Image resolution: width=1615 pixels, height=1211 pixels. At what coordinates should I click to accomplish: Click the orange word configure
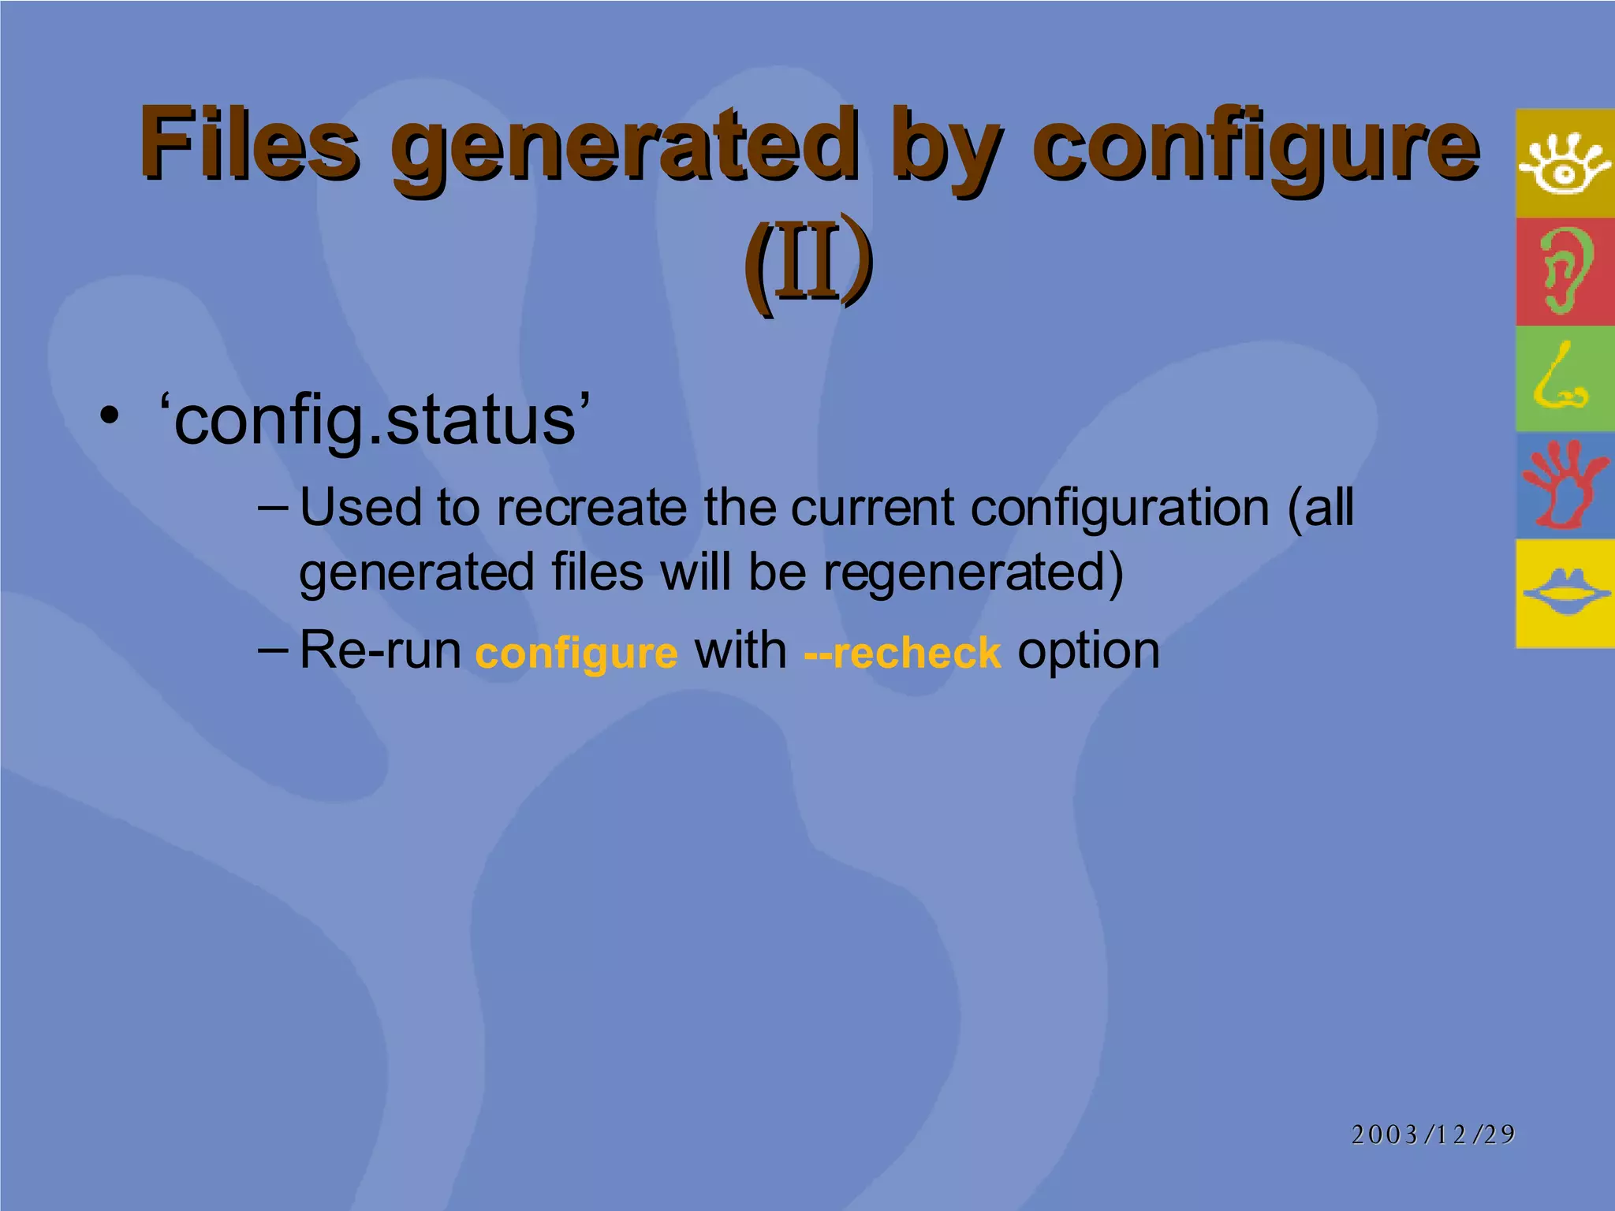tap(576, 653)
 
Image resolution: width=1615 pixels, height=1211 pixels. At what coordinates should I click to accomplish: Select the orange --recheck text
tap(902, 653)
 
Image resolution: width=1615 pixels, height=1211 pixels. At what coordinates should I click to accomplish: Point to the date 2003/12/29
tap(1433, 1134)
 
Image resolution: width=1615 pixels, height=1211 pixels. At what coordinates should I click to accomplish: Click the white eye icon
tap(1564, 163)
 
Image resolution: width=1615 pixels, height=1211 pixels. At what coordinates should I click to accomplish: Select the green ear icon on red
tap(1564, 271)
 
